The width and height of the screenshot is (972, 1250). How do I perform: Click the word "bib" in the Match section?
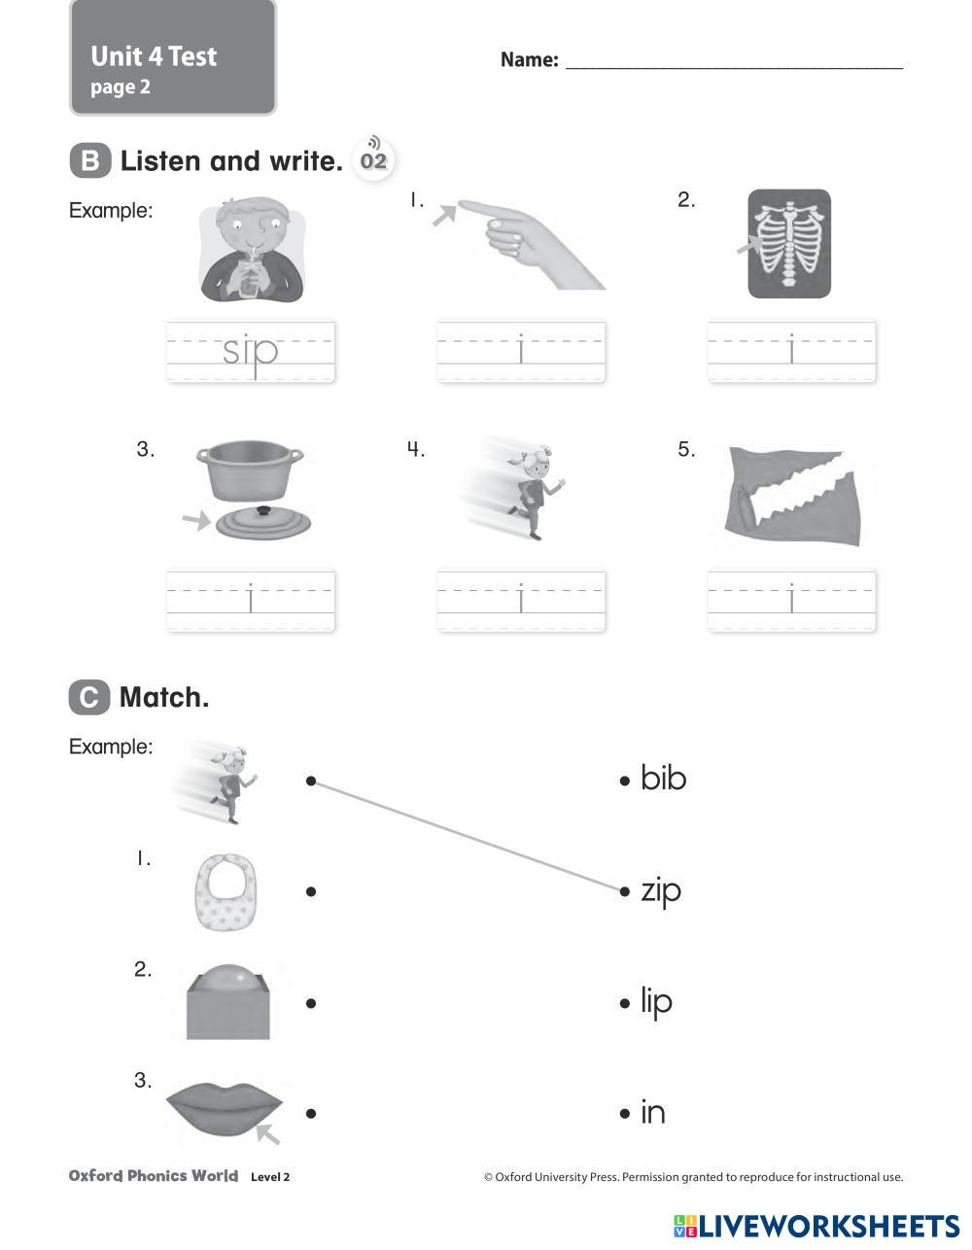(664, 779)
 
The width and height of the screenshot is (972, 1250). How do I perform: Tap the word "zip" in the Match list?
(661, 890)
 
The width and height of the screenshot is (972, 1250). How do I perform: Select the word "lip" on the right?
(656, 1002)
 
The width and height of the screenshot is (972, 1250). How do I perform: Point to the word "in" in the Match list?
(652, 1113)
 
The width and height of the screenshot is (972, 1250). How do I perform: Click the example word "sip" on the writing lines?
(251, 351)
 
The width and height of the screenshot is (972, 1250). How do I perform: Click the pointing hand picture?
(525, 243)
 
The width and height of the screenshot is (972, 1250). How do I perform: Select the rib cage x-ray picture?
(789, 243)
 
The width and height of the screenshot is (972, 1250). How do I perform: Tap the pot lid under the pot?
(263, 522)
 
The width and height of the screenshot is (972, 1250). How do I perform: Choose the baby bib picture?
(226, 890)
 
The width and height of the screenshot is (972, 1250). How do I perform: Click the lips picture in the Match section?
(224, 1109)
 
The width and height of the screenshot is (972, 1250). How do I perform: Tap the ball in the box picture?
(227, 1002)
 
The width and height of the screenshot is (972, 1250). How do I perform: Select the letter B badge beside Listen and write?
(89, 160)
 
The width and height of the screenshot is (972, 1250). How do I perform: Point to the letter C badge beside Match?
(88, 697)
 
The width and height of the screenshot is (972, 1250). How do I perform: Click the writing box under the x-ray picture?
(791, 351)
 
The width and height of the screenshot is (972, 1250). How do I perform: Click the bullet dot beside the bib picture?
(311, 891)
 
